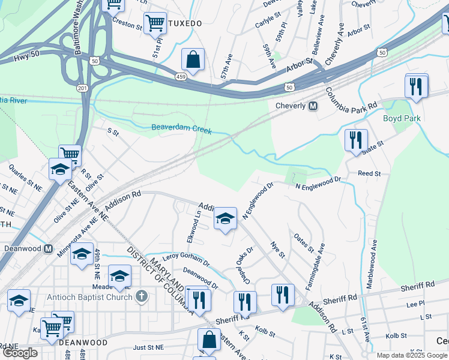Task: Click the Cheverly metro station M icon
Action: point(313,106)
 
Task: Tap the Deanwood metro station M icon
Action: point(49,248)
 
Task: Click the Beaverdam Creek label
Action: point(181,128)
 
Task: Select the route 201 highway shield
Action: point(82,88)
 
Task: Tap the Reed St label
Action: point(369,173)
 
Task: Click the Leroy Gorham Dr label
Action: point(186,259)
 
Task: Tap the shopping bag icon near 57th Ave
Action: point(193,59)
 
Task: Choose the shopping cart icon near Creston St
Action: point(155,23)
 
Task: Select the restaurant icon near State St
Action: point(356,140)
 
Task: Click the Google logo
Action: point(20,353)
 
